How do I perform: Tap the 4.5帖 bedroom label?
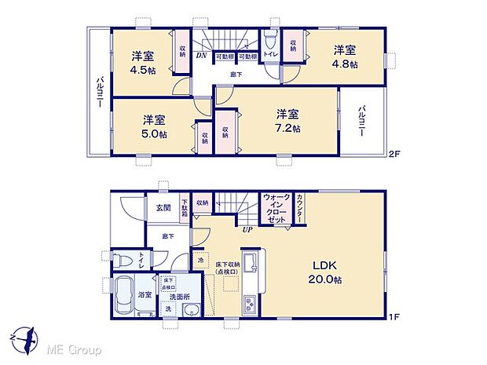(x=142, y=60)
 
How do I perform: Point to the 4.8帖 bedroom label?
(x=343, y=55)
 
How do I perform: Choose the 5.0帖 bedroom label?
(x=154, y=126)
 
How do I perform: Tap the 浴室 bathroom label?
(x=145, y=296)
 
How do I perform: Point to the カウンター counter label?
(x=301, y=210)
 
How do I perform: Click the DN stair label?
(x=201, y=56)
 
